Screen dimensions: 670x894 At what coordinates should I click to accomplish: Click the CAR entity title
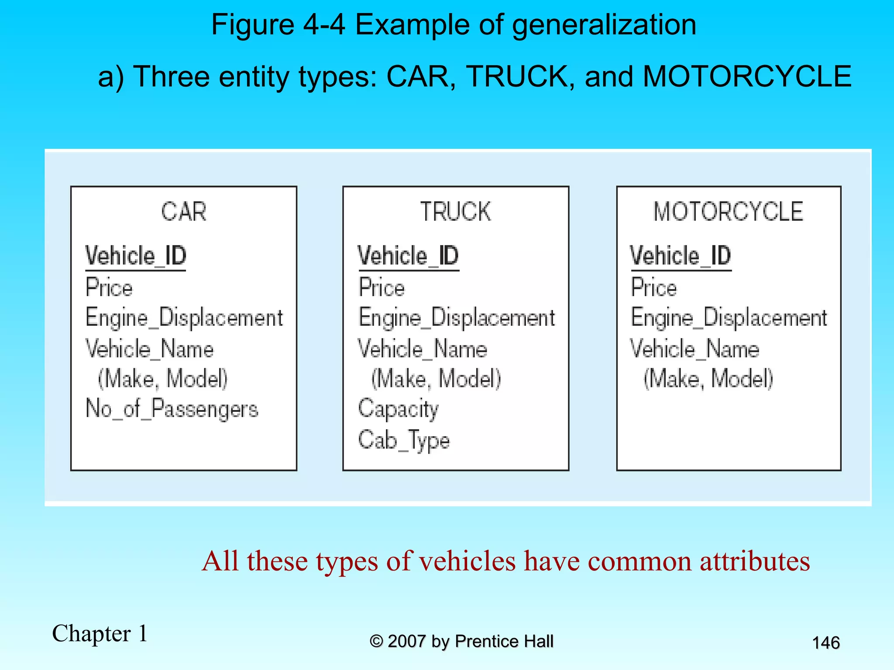tap(183, 212)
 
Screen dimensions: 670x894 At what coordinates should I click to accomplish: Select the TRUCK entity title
tap(455, 212)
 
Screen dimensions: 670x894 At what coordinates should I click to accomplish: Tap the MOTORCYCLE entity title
tap(728, 212)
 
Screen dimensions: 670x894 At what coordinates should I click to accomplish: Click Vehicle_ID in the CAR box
tap(136, 256)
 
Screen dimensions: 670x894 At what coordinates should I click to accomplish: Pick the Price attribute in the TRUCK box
tap(382, 288)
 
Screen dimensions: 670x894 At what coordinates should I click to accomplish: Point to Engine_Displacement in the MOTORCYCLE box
tap(729, 318)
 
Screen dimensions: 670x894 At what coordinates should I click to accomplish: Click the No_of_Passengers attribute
tap(172, 409)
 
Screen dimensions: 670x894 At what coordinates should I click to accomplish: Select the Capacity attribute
tap(398, 409)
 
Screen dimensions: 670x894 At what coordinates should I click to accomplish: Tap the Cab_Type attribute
tap(404, 440)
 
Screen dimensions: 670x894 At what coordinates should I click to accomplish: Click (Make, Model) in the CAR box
tap(162, 378)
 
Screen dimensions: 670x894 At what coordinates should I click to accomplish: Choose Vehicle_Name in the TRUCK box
tap(423, 349)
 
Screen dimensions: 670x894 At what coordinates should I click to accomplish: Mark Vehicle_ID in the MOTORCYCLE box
tap(681, 256)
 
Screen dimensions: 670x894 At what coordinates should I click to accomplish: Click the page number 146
tap(825, 643)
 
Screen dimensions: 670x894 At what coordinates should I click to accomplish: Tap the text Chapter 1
tap(100, 633)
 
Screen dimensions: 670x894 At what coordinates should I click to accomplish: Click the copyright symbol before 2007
tap(376, 641)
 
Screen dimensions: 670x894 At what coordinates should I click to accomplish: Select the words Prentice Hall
tap(504, 641)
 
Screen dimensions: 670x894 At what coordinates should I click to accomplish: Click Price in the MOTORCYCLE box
tap(654, 288)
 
